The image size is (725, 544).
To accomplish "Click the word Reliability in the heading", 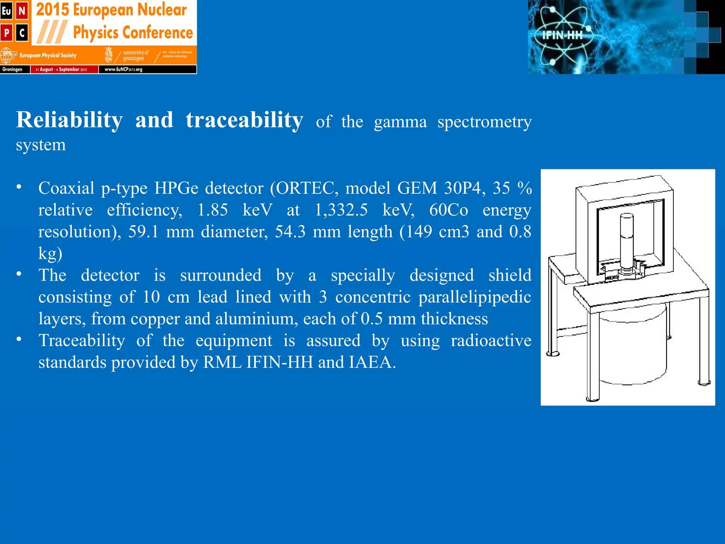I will point(69,120).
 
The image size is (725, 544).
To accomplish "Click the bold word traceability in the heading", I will point(244,120).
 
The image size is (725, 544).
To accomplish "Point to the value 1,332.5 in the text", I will point(341,210).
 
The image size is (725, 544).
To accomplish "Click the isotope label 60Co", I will point(449,210).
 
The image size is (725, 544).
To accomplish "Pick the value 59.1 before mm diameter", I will point(143,232).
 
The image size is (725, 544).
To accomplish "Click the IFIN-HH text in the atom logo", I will point(562,35).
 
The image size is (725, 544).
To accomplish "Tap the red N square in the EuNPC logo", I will point(22,11).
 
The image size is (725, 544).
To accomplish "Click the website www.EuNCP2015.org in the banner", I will point(123,69).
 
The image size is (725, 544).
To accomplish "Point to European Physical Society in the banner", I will point(48,56).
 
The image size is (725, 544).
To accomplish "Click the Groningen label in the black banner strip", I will point(12,69).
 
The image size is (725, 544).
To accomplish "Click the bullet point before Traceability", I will point(19,339).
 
